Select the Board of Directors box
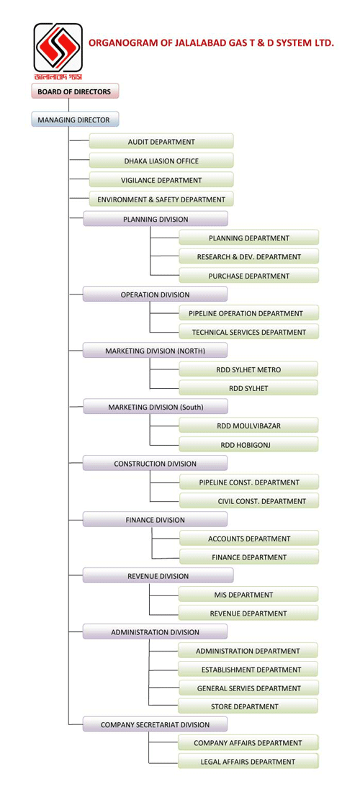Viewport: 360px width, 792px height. point(75,91)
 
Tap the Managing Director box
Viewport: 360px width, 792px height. point(75,120)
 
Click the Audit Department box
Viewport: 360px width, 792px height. point(161,141)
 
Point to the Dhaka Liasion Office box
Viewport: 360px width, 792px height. point(161,161)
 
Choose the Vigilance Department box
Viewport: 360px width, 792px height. point(161,179)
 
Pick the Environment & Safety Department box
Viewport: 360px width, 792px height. point(161,199)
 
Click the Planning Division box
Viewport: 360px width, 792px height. point(156,219)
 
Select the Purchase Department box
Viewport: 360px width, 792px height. point(249,275)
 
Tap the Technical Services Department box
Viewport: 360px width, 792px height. point(249,331)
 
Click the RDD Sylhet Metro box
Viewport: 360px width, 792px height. point(248,369)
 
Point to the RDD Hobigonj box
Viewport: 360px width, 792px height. point(248,444)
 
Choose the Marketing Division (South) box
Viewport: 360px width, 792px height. point(156,407)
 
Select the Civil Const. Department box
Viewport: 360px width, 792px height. point(249,500)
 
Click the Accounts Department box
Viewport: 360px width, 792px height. point(249,539)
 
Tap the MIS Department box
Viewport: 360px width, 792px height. point(248,595)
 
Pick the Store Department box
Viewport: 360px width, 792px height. point(248,706)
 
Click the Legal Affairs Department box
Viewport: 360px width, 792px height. point(248,761)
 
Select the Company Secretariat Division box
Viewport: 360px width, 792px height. point(155,724)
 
